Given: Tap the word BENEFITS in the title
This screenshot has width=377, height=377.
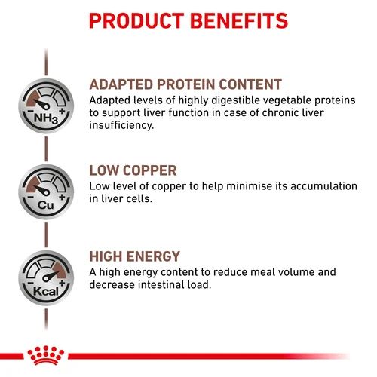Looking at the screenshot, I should (x=239, y=20).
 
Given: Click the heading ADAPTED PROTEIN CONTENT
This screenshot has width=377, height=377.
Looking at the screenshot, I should (x=185, y=84).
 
